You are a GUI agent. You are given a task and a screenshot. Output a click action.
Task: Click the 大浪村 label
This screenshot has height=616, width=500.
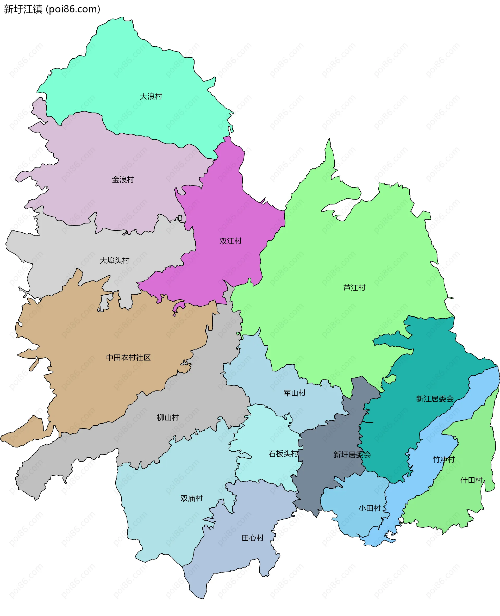tap(151, 96)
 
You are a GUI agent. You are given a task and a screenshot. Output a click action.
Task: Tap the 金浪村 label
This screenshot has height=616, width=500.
tap(123, 179)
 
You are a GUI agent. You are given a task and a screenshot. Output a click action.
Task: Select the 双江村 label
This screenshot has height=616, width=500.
tap(230, 241)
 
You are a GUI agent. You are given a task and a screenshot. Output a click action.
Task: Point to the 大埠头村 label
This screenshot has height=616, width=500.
tap(114, 260)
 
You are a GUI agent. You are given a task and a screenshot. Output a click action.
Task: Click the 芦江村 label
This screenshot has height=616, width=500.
tap(354, 288)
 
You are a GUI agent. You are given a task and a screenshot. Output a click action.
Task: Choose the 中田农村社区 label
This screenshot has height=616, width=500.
tap(128, 358)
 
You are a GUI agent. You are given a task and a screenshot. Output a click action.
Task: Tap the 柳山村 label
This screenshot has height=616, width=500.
tap(168, 418)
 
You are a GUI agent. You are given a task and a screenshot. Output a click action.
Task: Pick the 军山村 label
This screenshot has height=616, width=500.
tap(294, 393)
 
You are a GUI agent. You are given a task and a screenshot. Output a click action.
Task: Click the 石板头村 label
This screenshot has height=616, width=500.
tap(283, 454)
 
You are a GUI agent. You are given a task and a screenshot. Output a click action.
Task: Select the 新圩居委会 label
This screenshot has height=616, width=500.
tap(352, 455)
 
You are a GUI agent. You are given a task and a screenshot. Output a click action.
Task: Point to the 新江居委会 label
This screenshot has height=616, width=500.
tap(435, 399)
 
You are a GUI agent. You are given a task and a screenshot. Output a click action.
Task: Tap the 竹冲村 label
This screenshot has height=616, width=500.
tap(443, 459)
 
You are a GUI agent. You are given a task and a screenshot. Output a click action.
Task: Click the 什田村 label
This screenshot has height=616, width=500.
tap(471, 480)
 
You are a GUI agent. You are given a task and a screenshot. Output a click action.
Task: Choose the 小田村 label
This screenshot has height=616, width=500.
tap(370, 508)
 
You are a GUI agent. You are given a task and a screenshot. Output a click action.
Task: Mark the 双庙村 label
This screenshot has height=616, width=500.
tap(191, 498)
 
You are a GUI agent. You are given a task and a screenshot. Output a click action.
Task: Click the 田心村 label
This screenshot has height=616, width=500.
tap(253, 538)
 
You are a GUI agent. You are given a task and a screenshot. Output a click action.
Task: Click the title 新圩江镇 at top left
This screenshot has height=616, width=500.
tap(23, 9)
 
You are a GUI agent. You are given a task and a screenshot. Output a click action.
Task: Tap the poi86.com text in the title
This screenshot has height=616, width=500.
tap(73, 9)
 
